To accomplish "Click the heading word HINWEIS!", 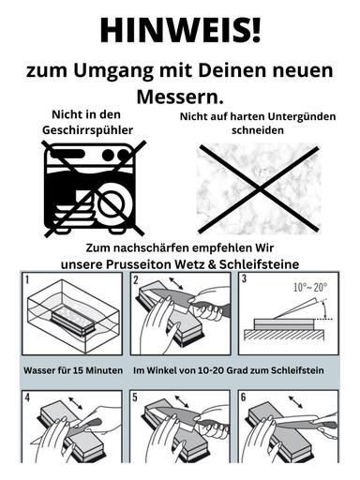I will point(180,30).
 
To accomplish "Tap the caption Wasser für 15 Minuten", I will point(73,371).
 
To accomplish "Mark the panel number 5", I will point(137,397).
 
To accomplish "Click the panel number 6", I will point(244,397).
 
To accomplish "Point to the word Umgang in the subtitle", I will point(115,72).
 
